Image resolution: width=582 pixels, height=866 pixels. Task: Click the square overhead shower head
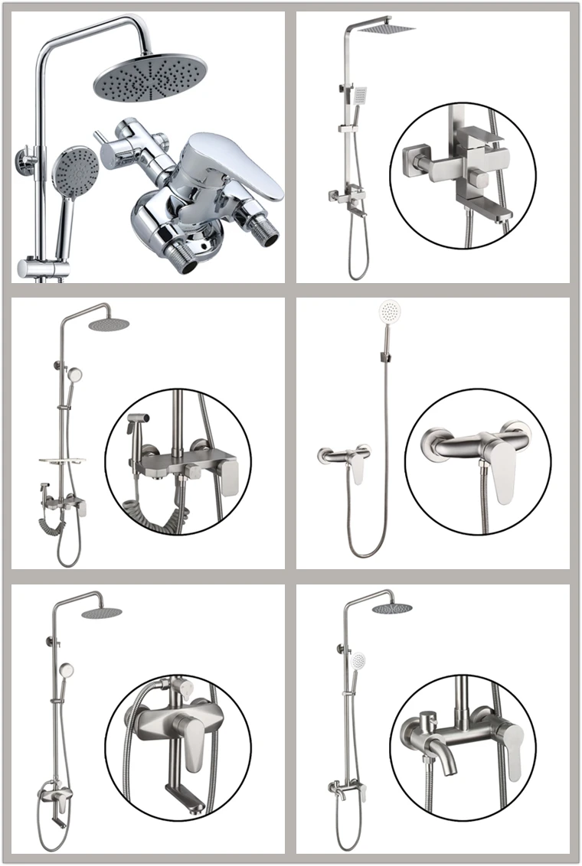tap(386, 28)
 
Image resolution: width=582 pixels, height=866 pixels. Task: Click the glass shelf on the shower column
tap(61, 461)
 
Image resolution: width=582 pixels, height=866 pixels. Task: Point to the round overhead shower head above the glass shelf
tap(109, 324)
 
